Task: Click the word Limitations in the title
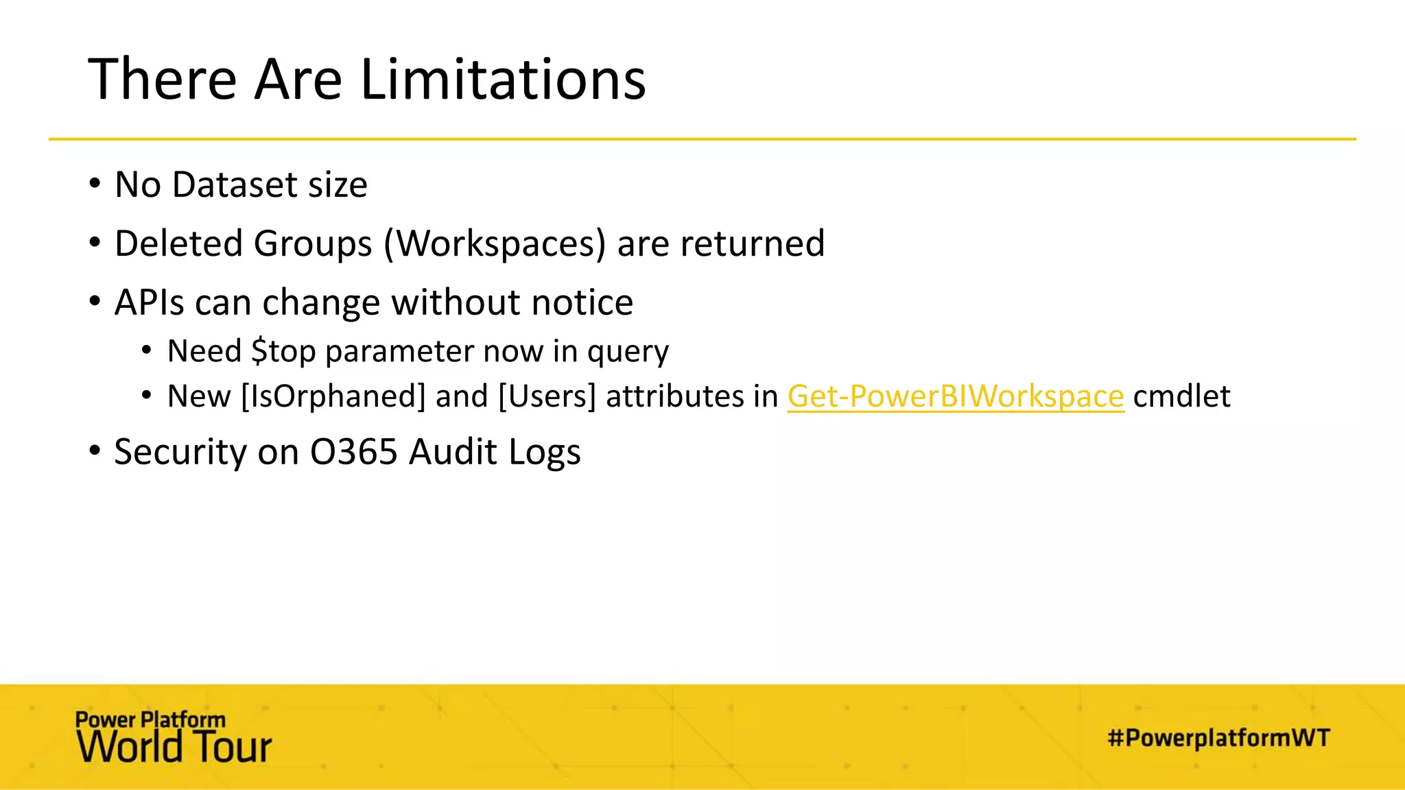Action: coord(503,80)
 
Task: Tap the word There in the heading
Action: coord(163,80)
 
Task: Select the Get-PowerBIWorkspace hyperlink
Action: coord(956,396)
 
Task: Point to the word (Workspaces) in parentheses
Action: coord(495,244)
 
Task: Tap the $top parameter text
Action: coord(283,352)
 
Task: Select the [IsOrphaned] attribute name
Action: coord(333,396)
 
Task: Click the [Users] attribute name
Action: coord(547,396)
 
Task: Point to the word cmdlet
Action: coord(1181,396)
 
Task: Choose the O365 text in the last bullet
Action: coord(353,452)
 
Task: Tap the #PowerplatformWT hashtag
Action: coord(1218,738)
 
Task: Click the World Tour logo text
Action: coord(174,747)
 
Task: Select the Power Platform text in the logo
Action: coord(150,719)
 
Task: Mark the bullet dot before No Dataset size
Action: coord(95,184)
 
